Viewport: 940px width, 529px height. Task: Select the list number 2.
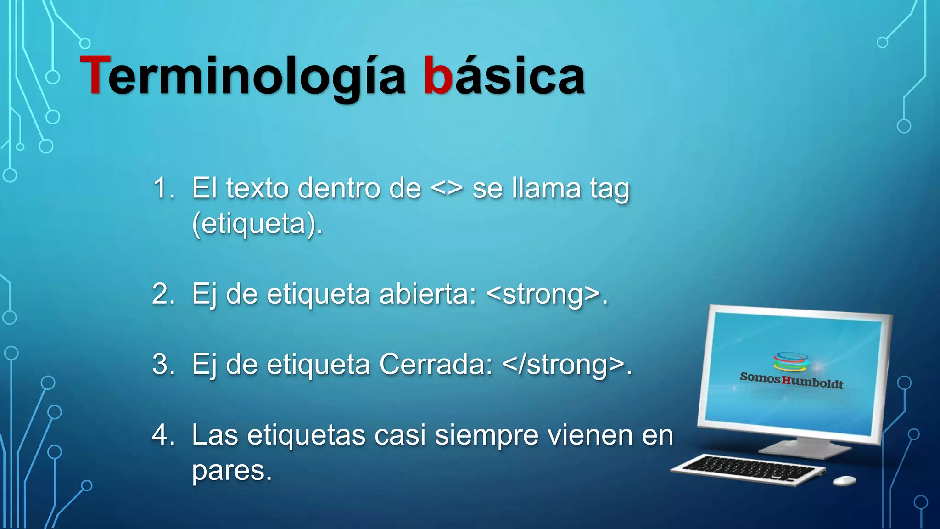click(163, 294)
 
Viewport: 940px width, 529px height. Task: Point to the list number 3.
click(163, 365)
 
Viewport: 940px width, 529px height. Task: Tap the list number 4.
click(163, 435)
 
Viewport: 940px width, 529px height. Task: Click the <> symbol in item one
click(447, 189)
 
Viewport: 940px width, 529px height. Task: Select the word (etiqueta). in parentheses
click(257, 224)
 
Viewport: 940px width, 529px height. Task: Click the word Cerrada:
click(436, 365)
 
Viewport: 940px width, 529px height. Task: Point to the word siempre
click(486, 435)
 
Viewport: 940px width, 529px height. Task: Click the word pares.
click(232, 471)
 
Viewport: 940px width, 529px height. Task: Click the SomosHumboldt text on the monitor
click(791, 380)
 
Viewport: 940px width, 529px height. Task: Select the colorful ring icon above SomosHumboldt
click(790, 361)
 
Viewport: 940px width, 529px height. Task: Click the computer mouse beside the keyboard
click(844, 480)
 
